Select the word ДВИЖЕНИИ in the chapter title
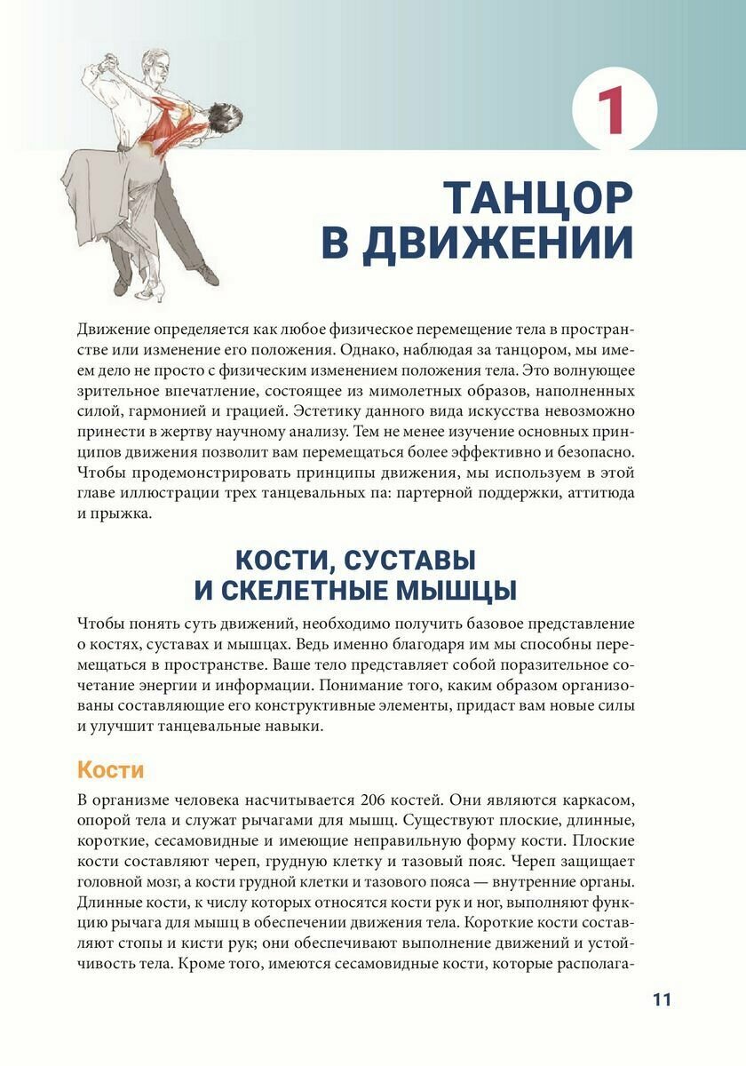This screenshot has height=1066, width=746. [500, 243]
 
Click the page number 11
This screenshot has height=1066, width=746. [662, 999]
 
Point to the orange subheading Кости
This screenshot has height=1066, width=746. [110, 769]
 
